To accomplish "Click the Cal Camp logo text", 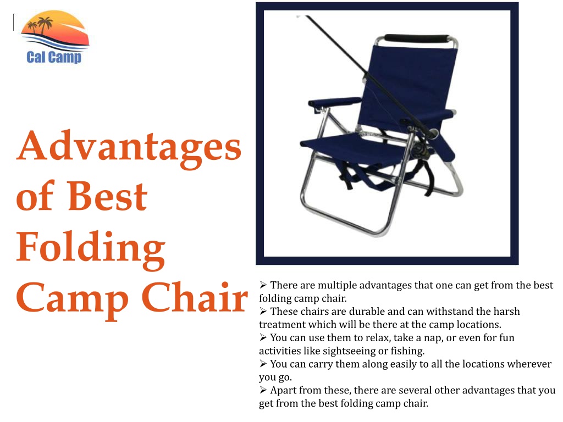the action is coord(54,57).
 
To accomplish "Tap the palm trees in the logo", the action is coord(40,25).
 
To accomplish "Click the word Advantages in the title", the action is coord(129,147).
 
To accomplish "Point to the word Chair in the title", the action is coord(195,297).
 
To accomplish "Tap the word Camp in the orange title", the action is coord(72,301).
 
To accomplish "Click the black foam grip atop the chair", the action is coord(417,38).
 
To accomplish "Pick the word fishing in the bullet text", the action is coord(407,351).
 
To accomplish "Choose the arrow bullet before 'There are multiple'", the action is coord(263,285).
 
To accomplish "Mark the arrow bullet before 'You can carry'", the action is coord(263,364).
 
